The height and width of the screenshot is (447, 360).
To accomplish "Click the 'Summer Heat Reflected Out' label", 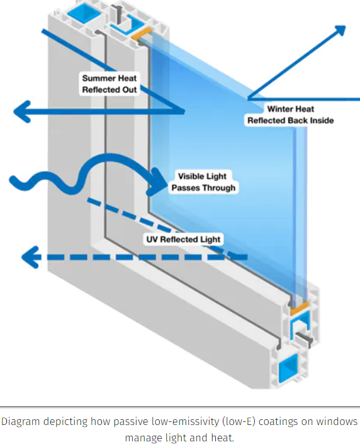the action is tap(110, 84).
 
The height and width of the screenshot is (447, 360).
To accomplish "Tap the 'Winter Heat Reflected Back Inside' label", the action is tap(290, 115).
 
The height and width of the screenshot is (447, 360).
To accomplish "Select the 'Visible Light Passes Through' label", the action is tap(203, 182).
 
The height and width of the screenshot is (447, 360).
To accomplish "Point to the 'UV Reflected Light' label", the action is tap(183, 239).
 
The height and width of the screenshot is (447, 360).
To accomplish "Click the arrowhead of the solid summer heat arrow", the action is tap(22, 111).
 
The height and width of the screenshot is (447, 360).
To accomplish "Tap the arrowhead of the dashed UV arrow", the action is tap(31, 257).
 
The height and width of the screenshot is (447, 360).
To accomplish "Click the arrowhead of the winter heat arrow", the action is tap(340, 30).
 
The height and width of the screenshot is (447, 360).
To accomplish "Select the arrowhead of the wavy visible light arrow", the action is tap(157, 182).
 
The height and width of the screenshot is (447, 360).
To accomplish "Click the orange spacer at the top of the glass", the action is tap(141, 33).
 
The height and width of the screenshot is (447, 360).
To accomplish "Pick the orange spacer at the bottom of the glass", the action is tap(299, 308).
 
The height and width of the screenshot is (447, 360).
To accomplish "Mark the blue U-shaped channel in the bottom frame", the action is tap(300, 325).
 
